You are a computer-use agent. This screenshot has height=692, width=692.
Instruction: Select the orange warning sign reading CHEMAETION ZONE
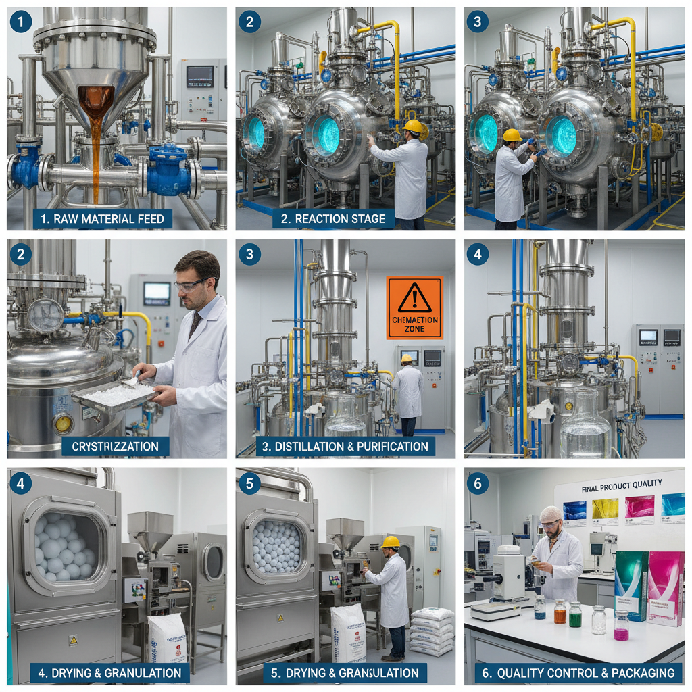coord(414,307)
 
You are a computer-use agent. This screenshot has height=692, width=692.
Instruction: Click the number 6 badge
coord(477,483)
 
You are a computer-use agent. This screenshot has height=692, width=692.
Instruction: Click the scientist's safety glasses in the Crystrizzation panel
coord(191,284)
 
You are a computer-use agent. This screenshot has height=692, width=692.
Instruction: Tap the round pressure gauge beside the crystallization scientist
coord(46,316)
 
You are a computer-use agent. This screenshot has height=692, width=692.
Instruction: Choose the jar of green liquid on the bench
coord(575,614)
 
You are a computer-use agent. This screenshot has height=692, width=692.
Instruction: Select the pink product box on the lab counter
coord(665,587)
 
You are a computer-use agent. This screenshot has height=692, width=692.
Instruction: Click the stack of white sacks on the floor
coord(432,631)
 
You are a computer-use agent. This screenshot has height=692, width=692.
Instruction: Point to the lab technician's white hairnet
coord(551,514)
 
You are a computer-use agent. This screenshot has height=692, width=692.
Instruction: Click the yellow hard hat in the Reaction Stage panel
coord(412,126)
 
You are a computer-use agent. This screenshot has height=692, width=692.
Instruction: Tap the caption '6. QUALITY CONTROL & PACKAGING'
coord(576,672)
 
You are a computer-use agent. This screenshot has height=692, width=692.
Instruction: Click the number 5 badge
coord(249,483)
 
